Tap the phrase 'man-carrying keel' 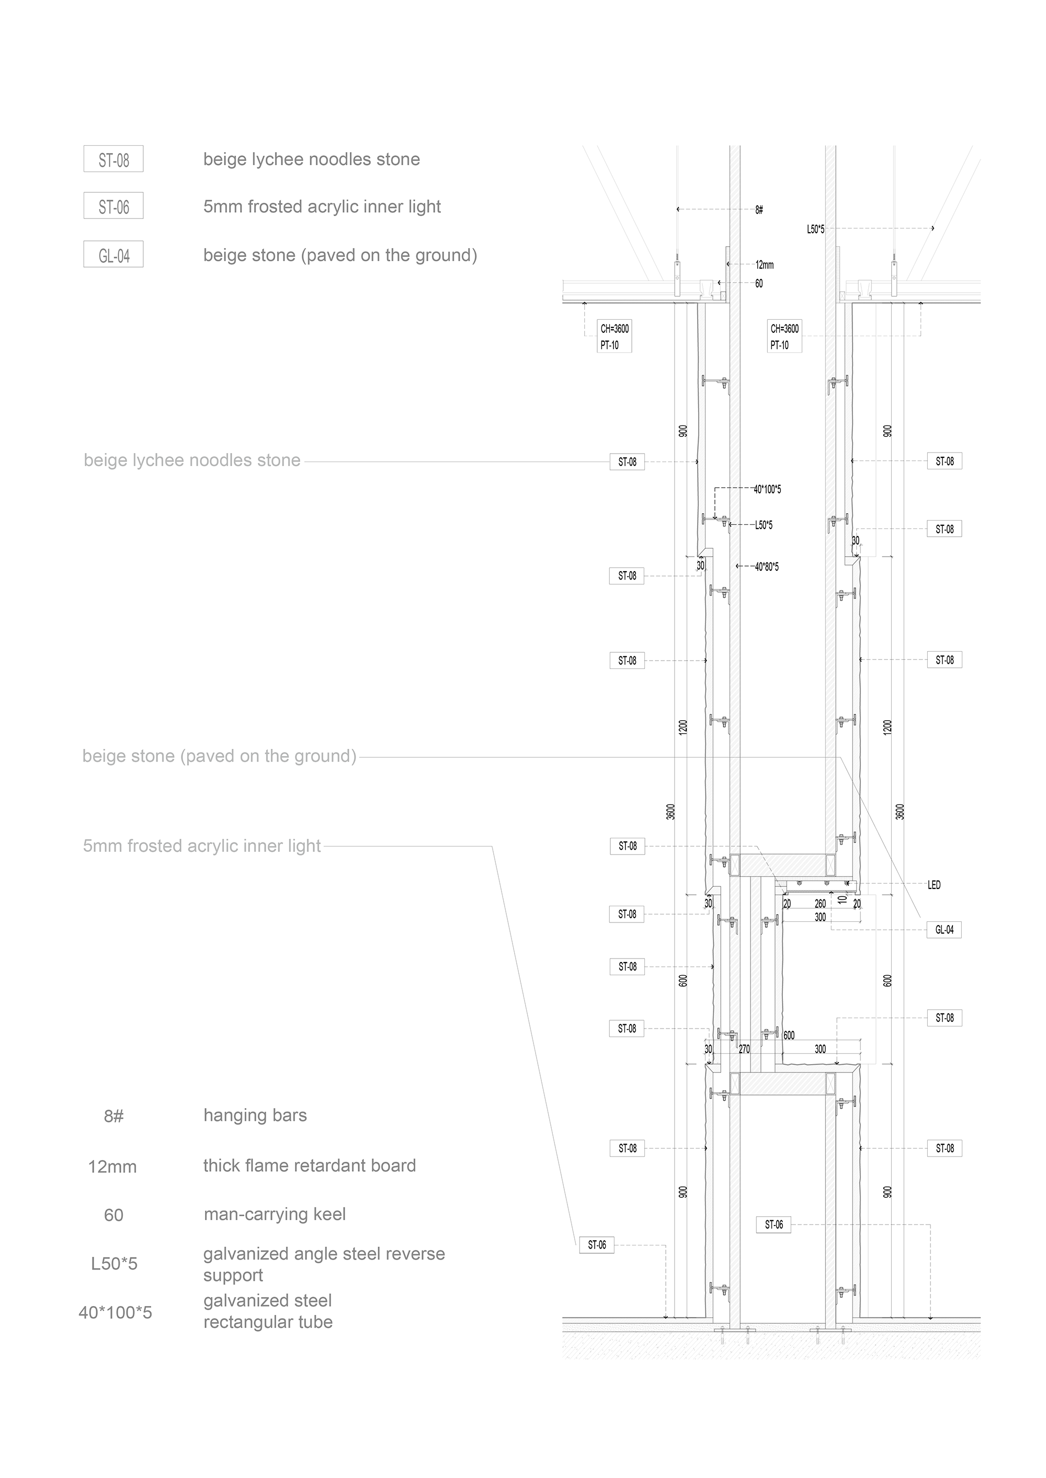point(275,1215)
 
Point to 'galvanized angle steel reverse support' point(324,1264)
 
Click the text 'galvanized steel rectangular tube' point(268,1311)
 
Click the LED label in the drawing point(934,885)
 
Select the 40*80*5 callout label point(767,567)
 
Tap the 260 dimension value point(820,904)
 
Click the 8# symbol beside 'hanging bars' point(113,1116)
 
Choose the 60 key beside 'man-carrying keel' point(113,1215)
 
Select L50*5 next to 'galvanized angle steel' point(114,1264)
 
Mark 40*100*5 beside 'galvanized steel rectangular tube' point(115,1312)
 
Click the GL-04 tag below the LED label point(944,930)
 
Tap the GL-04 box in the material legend point(113,256)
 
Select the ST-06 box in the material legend point(113,206)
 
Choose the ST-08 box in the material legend point(113,159)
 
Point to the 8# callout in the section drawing point(759,210)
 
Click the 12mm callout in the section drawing point(765,264)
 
